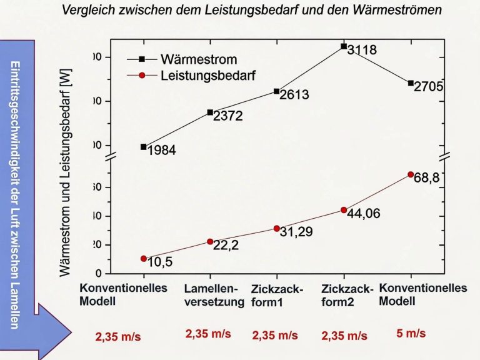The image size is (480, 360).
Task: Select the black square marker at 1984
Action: click(144, 146)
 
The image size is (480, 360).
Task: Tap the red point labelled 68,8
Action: click(411, 174)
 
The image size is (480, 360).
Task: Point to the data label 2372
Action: click(227, 116)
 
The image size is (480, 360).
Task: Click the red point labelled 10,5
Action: click(144, 258)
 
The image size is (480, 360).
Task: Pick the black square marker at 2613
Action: click(277, 91)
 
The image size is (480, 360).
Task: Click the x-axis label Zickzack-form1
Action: click(277, 296)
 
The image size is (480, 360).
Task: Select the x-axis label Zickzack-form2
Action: click(347, 296)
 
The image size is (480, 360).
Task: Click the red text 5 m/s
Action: click(411, 333)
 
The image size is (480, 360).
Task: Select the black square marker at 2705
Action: click(411, 82)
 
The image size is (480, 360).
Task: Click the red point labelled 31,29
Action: click(277, 228)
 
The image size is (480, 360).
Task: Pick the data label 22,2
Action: click(226, 246)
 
